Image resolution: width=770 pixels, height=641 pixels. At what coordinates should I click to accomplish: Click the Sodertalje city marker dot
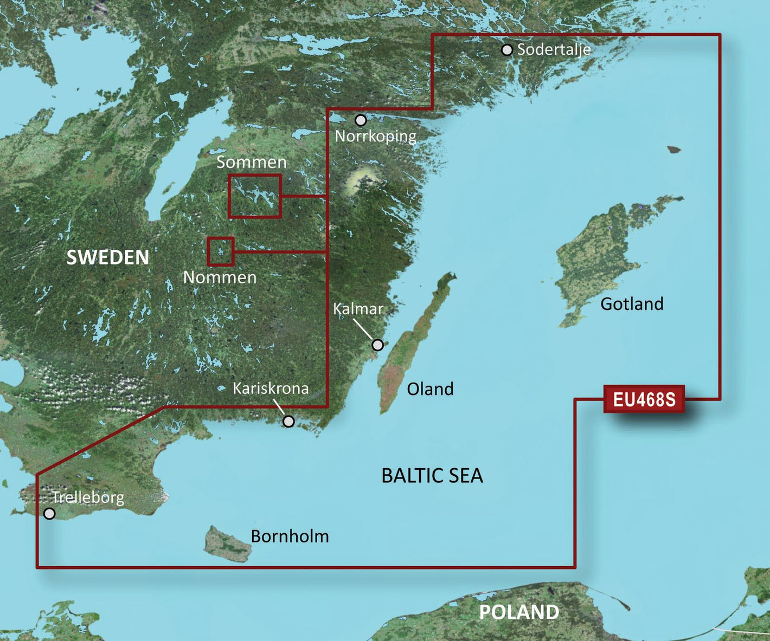(x=506, y=50)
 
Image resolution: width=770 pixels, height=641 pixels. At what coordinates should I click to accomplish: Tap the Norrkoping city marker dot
(x=361, y=120)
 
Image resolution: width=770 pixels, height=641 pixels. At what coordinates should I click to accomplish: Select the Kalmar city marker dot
(x=377, y=345)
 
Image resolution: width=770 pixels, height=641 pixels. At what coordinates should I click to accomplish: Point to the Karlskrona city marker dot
(x=288, y=421)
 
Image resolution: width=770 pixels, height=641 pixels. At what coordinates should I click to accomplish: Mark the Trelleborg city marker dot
(x=49, y=513)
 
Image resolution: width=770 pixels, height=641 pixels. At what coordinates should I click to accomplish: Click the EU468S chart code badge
(x=644, y=399)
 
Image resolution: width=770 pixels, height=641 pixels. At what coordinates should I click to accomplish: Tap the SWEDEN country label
(x=107, y=257)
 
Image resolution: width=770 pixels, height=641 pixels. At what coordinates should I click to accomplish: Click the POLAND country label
(x=519, y=612)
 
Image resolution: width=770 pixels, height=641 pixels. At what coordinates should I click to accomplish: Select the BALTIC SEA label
(x=432, y=476)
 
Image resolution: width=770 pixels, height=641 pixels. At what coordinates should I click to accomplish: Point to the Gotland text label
(x=632, y=303)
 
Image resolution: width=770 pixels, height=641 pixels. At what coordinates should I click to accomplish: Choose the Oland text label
(x=430, y=389)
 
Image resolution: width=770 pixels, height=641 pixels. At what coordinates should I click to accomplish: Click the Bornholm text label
(x=290, y=536)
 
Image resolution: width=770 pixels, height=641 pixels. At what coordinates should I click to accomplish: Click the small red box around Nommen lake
(x=221, y=251)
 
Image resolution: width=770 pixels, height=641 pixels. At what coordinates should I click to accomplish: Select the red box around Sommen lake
(x=254, y=196)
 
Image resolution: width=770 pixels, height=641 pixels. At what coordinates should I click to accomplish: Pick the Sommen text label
(x=251, y=162)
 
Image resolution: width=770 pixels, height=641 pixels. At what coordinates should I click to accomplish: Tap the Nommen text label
(x=220, y=277)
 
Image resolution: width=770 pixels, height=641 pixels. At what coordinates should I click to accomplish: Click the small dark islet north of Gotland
(x=673, y=149)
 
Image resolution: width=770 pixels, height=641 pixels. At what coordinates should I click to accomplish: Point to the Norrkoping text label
(x=375, y=136)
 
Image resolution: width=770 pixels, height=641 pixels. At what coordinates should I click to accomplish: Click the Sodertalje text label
(x=554, y=49)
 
